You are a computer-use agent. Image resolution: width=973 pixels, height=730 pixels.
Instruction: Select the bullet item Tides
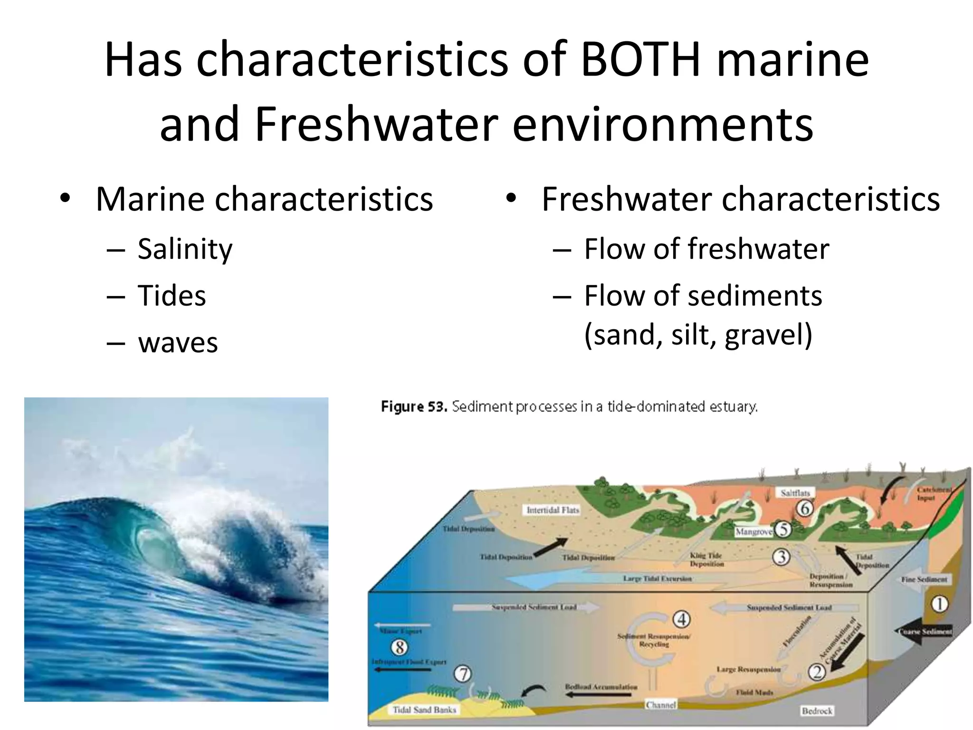172,296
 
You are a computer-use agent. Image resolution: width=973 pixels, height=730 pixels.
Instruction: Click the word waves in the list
178,342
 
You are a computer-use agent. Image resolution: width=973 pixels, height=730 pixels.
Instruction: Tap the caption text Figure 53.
413,407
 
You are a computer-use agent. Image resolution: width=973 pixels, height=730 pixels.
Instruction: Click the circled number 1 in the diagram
939,605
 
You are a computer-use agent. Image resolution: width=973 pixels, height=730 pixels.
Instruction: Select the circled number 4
682,619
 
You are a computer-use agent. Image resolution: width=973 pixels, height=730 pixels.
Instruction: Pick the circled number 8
400,647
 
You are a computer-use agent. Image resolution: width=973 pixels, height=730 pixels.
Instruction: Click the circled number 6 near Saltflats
804,509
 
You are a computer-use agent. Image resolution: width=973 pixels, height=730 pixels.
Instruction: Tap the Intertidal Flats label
553,510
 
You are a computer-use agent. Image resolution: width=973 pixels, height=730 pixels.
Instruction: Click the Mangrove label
754,532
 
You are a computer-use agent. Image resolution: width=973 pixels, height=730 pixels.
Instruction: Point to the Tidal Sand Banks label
424,710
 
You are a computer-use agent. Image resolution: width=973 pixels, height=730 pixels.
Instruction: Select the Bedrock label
817,711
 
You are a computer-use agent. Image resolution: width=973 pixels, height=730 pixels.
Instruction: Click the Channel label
660,705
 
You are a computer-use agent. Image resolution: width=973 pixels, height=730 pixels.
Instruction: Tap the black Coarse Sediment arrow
924,632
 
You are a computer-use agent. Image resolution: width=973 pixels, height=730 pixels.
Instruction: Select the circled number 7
463,674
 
